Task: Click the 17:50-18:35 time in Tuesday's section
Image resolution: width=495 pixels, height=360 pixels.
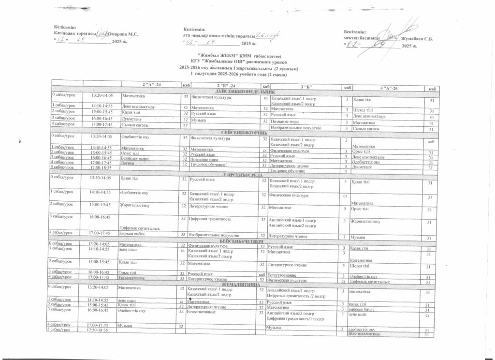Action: (x=102, y=167)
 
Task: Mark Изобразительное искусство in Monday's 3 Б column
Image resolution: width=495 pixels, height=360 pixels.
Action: (x=295, y=128)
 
